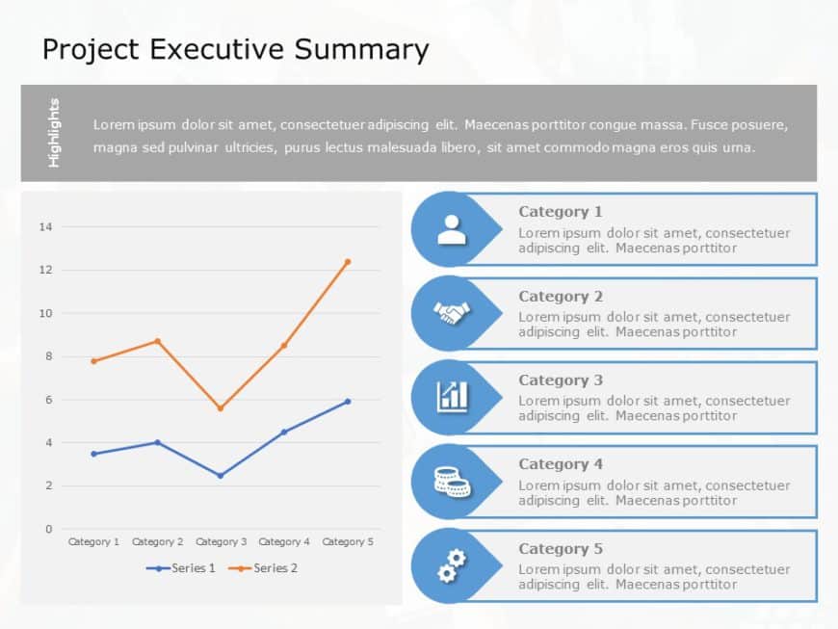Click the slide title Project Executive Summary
(235, 50)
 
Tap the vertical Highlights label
(54, 133)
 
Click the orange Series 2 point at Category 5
(348, 261)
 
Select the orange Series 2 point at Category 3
(221, 408)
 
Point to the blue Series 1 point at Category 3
(221, 475)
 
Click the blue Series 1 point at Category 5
(348, 402)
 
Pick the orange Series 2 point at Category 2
(157, 341)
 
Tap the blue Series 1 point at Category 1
(93, 454)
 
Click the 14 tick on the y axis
(45, 227)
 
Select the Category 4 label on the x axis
(284, 542)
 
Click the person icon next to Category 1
(451, 229)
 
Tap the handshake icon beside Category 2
(451, 313)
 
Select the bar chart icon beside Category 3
(451, 397)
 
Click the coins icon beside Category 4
(451, 481)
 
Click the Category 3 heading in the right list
(561, 380)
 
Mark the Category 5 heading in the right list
(561, 549)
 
